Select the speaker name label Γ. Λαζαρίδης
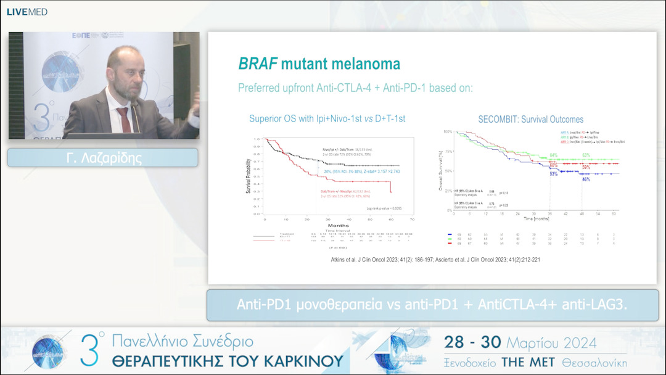coord(103,158)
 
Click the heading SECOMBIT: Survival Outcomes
coord(530,119)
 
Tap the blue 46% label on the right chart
coord(586,179)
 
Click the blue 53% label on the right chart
coord(554,175)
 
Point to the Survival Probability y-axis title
coord(249,176)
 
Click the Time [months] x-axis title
coord(537,218)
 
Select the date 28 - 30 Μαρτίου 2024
coord(520,343)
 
